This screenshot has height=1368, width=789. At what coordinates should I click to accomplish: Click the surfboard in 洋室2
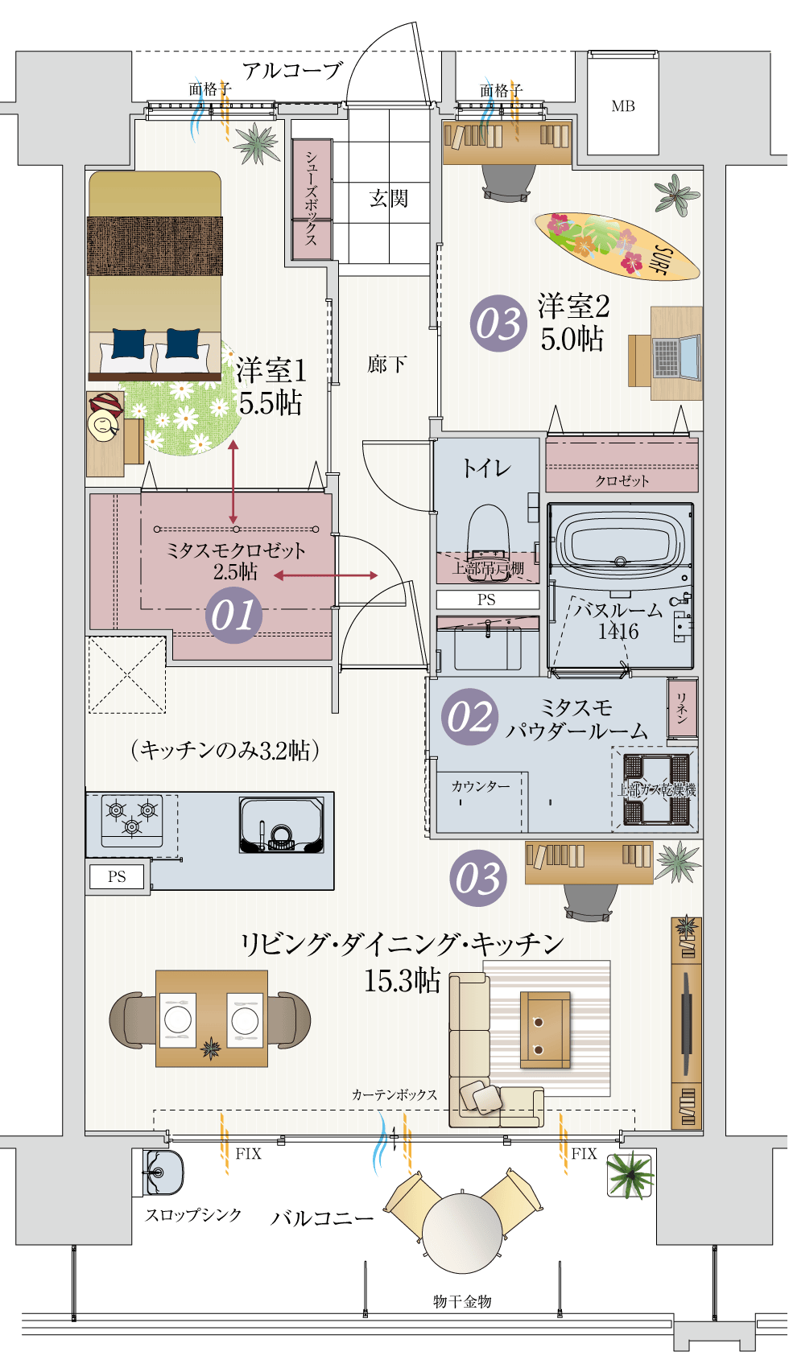point(616,245)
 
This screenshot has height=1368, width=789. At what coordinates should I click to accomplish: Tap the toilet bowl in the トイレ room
point(488,531)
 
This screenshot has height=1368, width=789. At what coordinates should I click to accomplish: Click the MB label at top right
point(622,106)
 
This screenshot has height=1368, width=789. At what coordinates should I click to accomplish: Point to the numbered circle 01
point(233,616)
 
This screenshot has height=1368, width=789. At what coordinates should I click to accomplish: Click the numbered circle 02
point(469,716)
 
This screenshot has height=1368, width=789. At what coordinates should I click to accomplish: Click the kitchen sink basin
point(281,825)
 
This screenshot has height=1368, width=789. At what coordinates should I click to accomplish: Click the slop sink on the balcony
point(163,1173)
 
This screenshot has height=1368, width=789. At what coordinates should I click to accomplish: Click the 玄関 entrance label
point(389,198)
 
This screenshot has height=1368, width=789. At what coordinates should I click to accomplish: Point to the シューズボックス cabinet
point(312,200)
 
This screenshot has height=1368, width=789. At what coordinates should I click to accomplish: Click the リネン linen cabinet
point(681,708)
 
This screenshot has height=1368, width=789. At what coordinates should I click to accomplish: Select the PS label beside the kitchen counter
point(117,877)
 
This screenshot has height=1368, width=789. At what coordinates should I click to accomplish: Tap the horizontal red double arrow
point(325,575)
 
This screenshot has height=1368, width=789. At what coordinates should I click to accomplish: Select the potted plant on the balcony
point(629,1174)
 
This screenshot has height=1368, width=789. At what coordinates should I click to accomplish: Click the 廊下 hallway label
point(386,365)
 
